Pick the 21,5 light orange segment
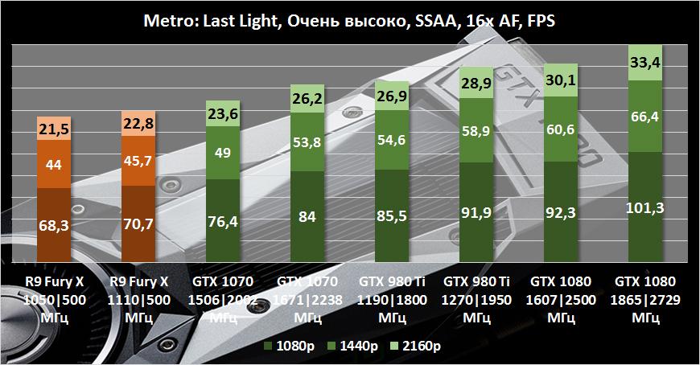[55, 129]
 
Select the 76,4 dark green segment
[223, 222]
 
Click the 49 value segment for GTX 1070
[223, 154]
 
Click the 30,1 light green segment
[561, 78]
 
